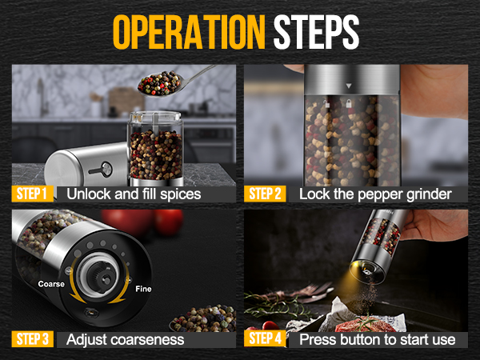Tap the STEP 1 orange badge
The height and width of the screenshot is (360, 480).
click(x=33, y=194)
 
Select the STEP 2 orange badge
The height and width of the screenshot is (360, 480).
click(x=265, y=194)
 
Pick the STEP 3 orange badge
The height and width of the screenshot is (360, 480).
click(x=33, y=339)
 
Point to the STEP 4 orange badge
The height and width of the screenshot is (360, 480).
click(x=265, y=339)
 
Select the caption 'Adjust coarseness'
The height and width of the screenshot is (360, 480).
click(x=126, y=339)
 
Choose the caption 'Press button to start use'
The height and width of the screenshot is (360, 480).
click(x=378, y=339)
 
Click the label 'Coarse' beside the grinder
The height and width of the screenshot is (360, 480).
click(x=52, y=283)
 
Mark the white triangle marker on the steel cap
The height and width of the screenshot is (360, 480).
click(x=347, y=82)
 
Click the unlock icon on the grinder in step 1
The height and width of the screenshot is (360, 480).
click(x=102, y=168)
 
